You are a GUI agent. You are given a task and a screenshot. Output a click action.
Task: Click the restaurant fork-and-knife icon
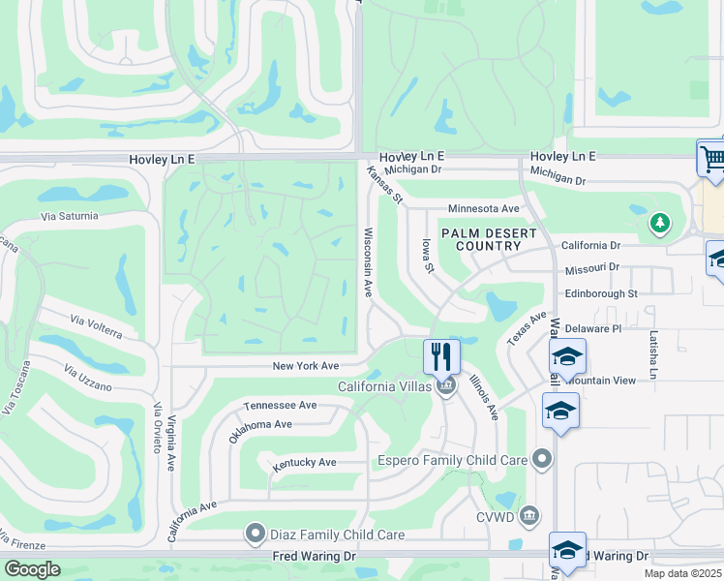pos(441,355)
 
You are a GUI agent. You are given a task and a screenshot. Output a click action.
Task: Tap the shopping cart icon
pos(711,158)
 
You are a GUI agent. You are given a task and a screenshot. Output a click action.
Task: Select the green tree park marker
pos(659,224)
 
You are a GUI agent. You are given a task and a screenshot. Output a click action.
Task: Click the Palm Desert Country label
pos(482,239)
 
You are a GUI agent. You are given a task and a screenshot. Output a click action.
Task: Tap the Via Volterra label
pos(94,326)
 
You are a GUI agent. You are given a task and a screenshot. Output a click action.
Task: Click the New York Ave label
pos(305,366)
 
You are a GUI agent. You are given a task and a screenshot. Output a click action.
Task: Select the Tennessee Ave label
pos(280,405)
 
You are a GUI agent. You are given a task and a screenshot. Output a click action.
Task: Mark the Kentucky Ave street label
pos(304,463)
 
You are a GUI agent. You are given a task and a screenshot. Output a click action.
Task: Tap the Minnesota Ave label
pos(484,208)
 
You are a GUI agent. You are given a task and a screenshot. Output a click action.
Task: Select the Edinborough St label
pos(601,292)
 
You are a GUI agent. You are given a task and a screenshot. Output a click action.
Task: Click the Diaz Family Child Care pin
pos(256,534)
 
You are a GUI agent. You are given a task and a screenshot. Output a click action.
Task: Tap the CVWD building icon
pos(529,514)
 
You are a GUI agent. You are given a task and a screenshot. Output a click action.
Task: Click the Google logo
pos(32,569)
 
